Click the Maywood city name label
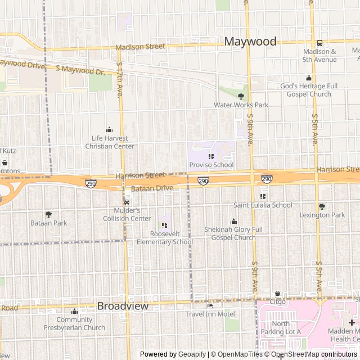pyautogui.click(x=250, y=41)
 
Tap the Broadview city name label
pyautogui.click(x=123, y=306)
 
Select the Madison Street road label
pyautogui.click(x=141, y=47)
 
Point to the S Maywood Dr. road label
pyautogui.click(x=80, y=70)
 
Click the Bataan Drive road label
pyautogui.click(x=152, y=188)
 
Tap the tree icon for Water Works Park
pyautogui.click(x=241, y=96)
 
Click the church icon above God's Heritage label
pyautogui.click(x=309, y=78)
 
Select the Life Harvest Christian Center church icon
pyautogui.click(x=109, y=130)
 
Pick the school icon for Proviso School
pyautogui.click(x=211, y=156)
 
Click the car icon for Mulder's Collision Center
pyautogui.click(x=127, y=202)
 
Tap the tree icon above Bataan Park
pyautogui.click(x=48, y=214)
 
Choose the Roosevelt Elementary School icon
pyautogui.click(x=164, y=225)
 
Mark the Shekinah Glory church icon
pyautogui.click(x=233, y=222)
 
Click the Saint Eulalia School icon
pyautogui.click(x=263, y=196)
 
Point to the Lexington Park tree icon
pyautogui.click(x=322, y=206)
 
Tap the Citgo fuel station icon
pyautogui.click(x=277, y=294)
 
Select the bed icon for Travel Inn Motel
pyautogui.click(x=210, y=305)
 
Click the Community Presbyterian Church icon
pyautogui.click(x=74, y=312)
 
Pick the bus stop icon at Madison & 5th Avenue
pyautogui.click(x=319, y=43)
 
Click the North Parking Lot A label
pyautogui.click(x=280, y=327)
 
